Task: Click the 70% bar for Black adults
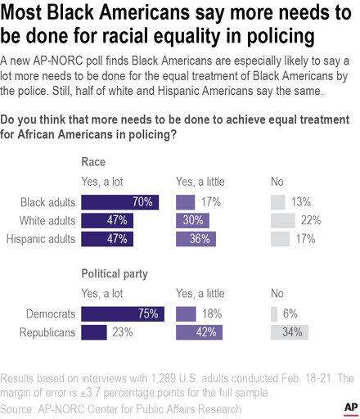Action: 120,202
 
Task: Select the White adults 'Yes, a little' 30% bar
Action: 192,221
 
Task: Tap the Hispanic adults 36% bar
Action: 196,239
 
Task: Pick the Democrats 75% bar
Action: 123,314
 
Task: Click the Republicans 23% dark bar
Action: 94,332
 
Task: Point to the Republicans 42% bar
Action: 199,332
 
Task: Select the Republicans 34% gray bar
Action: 290,332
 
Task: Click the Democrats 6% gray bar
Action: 274,314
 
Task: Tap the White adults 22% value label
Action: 311,220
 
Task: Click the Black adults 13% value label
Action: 301,202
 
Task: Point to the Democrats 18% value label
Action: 212,314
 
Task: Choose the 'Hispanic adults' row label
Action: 41,239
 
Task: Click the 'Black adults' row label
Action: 47,202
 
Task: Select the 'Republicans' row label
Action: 47,332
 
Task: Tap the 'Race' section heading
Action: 93,162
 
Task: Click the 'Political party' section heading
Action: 115,274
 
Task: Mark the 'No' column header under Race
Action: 277,182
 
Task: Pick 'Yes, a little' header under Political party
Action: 200,294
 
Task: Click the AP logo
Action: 351,408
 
